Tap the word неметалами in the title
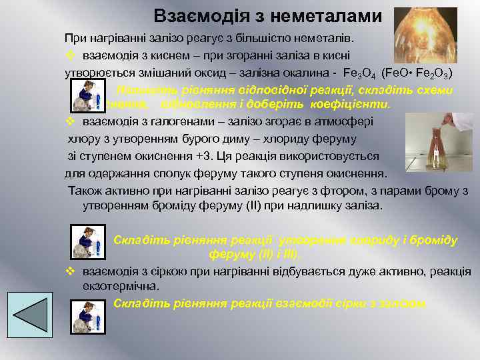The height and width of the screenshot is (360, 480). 321,15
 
